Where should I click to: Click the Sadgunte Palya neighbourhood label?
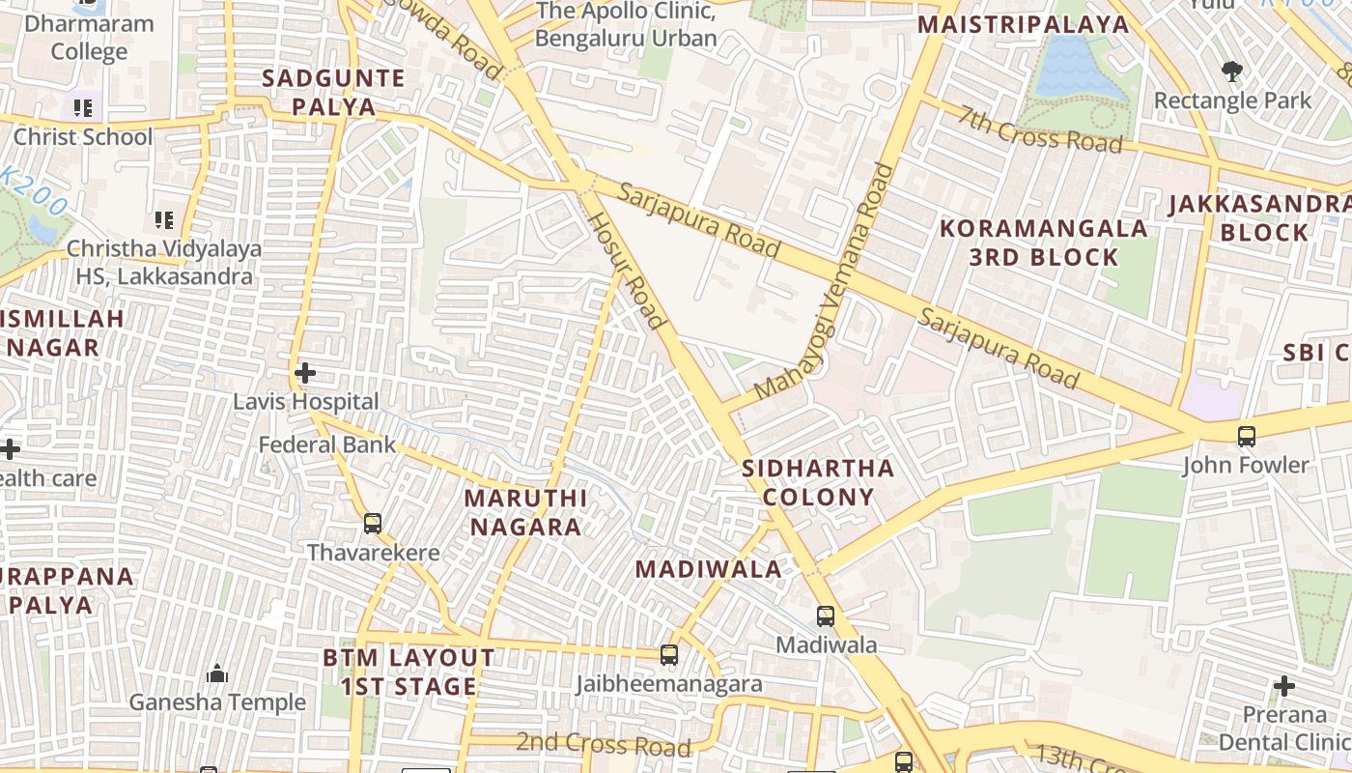333,93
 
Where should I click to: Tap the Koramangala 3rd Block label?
1044,243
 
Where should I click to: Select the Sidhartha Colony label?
818,483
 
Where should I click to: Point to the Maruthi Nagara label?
525,512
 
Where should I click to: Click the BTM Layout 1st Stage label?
408,673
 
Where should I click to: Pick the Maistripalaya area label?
1023,24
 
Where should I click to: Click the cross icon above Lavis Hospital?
305,372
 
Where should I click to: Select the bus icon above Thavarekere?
373,524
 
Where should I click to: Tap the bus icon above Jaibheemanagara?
668,655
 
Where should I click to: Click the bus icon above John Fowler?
1247,436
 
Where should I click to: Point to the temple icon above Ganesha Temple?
217,673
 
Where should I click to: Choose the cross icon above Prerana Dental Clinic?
1283,686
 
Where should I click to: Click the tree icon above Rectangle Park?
1231,71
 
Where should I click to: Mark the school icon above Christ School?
83,107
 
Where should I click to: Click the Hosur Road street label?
628,270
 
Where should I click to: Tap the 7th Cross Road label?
1041,128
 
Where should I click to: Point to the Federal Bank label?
327,445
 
